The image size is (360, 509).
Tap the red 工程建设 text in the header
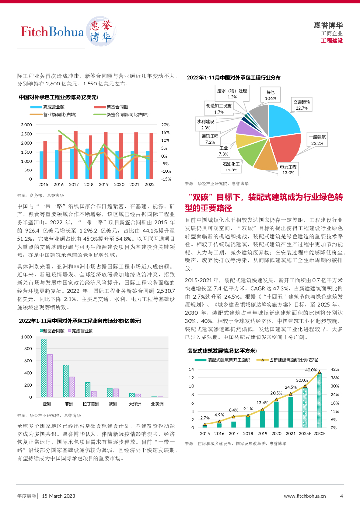[332, 40]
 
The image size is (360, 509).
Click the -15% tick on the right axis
[166, 179]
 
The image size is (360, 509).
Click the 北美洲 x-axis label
[157, 403]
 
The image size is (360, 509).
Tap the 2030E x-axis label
[319, 434]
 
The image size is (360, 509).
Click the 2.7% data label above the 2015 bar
[205, 418]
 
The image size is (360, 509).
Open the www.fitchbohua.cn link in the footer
[305, 496]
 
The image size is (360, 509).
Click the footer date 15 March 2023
[59, 496]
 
